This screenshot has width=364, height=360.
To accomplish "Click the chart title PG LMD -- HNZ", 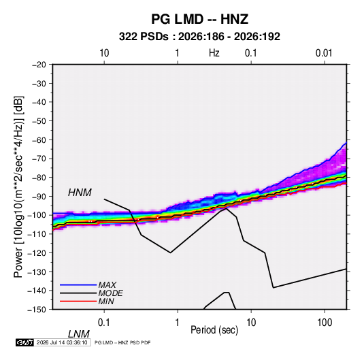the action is pyautogui.click(x=200, y=19).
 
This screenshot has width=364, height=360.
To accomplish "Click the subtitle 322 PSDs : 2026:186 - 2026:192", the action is pyautogui.click(x=199, y=37).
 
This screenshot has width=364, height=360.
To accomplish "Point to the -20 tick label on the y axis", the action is pyautogui.click(x=39, y=65).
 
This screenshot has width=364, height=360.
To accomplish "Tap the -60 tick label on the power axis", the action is pyautogui.click(x=39, y=140).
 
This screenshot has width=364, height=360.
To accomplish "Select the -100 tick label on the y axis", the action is pyautogui.click(x=37, y=215).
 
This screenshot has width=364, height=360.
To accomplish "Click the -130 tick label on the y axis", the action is pyautogui.click(x=37, y=272).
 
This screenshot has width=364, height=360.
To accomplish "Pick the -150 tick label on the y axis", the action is pyautogui.click(x=37, y=310).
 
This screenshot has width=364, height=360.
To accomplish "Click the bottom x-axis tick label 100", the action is pyautogui.click(x=325, y=323).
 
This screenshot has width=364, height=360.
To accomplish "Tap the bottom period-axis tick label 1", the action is pyautogui.click(x=178, y=323).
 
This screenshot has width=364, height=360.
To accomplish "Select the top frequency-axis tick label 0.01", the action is pyautogui.click(x=324, y=53).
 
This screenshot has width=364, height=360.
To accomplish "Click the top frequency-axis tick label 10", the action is pyautogui.click(x=104, y=53).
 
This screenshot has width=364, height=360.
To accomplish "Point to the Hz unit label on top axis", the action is pyautogui.click(x=214, y=53).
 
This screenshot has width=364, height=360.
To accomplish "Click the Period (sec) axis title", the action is pyautogui.click(x=214, y=330).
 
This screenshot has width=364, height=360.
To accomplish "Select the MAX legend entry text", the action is pyautogui.click(x=107, y=285).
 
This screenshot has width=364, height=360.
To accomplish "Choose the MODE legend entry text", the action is pyautogui.click(x=110, y=293).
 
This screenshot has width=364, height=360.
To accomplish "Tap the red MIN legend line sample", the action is pyautogui.click(x=78, y=301).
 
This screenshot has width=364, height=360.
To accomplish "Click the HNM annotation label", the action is pyautogui.click(x=80, y=193).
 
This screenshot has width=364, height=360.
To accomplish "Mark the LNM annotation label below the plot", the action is pyautogui.click(x=78, y=334).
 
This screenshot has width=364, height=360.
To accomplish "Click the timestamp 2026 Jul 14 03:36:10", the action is pyautogui.click(x=62, y=342).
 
